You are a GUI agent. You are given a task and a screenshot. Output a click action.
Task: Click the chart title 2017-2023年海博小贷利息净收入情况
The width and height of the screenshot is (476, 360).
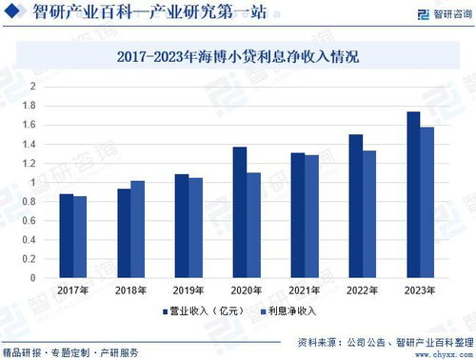pyautogui.click(x=238, y=57)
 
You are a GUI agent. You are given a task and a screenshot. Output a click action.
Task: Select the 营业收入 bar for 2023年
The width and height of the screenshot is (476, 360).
pyautogui.click(x=413, y=194)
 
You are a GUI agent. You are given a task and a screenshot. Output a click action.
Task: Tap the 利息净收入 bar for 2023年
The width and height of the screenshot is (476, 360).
pyautogui.click(x=426, y=202)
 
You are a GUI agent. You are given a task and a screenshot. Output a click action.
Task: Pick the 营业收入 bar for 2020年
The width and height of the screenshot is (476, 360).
pyautogui.click(x=240, y=212)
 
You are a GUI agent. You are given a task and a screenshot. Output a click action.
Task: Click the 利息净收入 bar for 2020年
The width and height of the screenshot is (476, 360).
pyautogui.click(x=253, y=225)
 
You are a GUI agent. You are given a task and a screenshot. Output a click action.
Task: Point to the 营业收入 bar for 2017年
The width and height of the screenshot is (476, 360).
pyautogui.click(x=67, y=235)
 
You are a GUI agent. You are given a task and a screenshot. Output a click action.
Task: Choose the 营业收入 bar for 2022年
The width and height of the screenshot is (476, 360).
pyautogui.click(x=355, y=206)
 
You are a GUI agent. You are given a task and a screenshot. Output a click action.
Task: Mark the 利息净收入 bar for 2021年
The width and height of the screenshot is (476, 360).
pyautogui.click(x=311, y=216)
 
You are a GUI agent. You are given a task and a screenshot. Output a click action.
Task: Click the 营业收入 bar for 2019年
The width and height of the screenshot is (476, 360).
pyautogui.click(x=182, y=226)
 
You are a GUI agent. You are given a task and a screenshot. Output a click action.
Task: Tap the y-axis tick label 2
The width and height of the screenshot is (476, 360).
pyautogui.click(x=32, y=86)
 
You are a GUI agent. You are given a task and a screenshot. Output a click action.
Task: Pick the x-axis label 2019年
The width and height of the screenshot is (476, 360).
pyautogui.click(x=188, y=290)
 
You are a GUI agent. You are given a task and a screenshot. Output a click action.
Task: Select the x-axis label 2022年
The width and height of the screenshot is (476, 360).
pyautogui.click(x=362, y=290)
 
